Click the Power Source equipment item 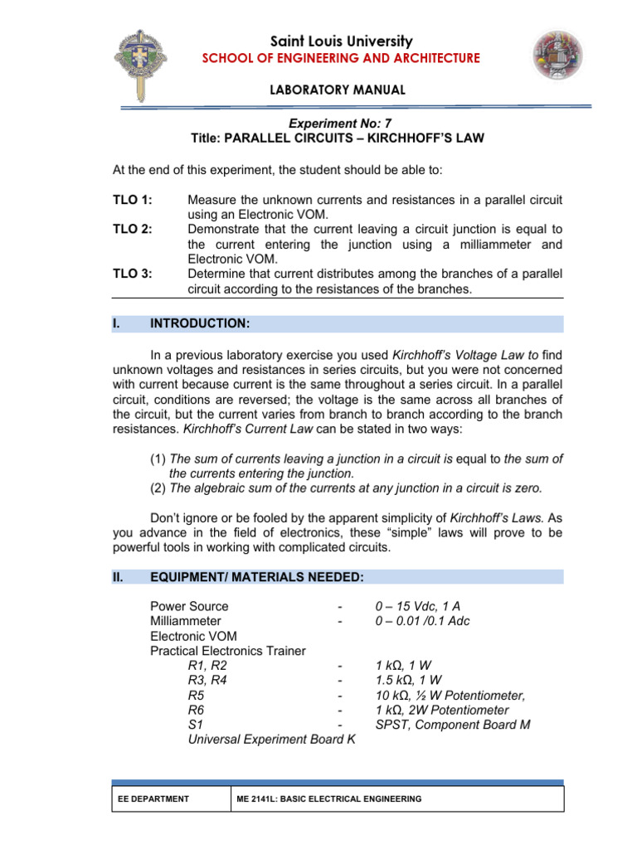(189, 606)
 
